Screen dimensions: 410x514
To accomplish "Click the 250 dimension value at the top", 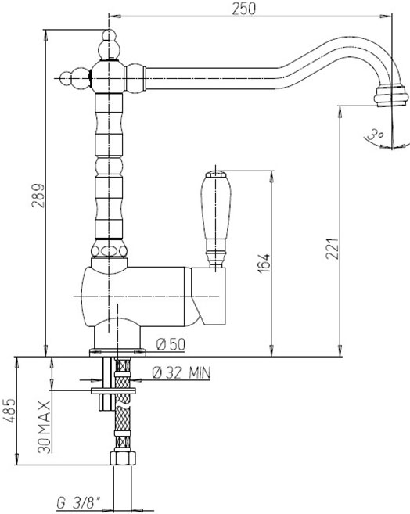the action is pos(243,9).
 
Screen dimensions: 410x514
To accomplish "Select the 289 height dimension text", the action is pos(38,196).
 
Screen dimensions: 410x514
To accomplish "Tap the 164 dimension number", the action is pos(264,263).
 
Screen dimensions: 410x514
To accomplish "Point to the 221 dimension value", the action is pos(332,248).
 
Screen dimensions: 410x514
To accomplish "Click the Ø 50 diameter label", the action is pos(171,344).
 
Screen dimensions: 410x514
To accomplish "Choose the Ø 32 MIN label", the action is pos(182,372).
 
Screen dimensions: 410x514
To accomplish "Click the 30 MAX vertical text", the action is pos(45,427).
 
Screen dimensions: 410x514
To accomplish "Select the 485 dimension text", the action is pos(9,411).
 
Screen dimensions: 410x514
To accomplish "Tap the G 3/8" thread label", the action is pos(79,502).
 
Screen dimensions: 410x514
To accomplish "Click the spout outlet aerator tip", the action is pos(391,95).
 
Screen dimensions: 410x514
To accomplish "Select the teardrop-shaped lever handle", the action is pos(216,214).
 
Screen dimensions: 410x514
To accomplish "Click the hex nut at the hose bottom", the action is pos(123,458).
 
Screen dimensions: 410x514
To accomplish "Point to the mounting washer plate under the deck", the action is pos(113,390).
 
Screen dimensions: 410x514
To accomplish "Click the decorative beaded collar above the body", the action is pos(109,251).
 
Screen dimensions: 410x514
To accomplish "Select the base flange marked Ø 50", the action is pos(117,352).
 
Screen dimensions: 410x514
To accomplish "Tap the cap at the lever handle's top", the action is pos(216,174).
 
